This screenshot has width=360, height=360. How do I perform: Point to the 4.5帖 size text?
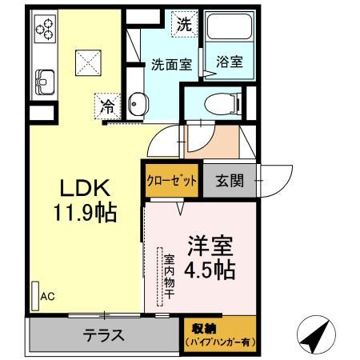(210, 270)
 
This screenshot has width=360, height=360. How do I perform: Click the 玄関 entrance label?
(230, 181)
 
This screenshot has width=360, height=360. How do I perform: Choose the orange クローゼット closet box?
(171, 181)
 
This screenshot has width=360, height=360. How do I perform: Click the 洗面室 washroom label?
(171, 66)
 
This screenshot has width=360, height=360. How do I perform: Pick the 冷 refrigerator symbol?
(106, 103)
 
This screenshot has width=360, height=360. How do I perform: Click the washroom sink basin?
(137, 104)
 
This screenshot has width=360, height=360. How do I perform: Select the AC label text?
(47, 297)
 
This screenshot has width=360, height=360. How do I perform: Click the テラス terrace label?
(103, 335)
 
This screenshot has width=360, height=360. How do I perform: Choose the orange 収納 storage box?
(218, 335)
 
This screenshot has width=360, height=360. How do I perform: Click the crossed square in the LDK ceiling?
(86, 61)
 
